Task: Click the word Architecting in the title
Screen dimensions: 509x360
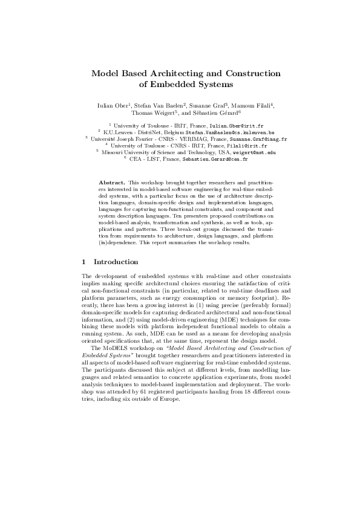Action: pyautogui.click(x=171, y=74)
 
